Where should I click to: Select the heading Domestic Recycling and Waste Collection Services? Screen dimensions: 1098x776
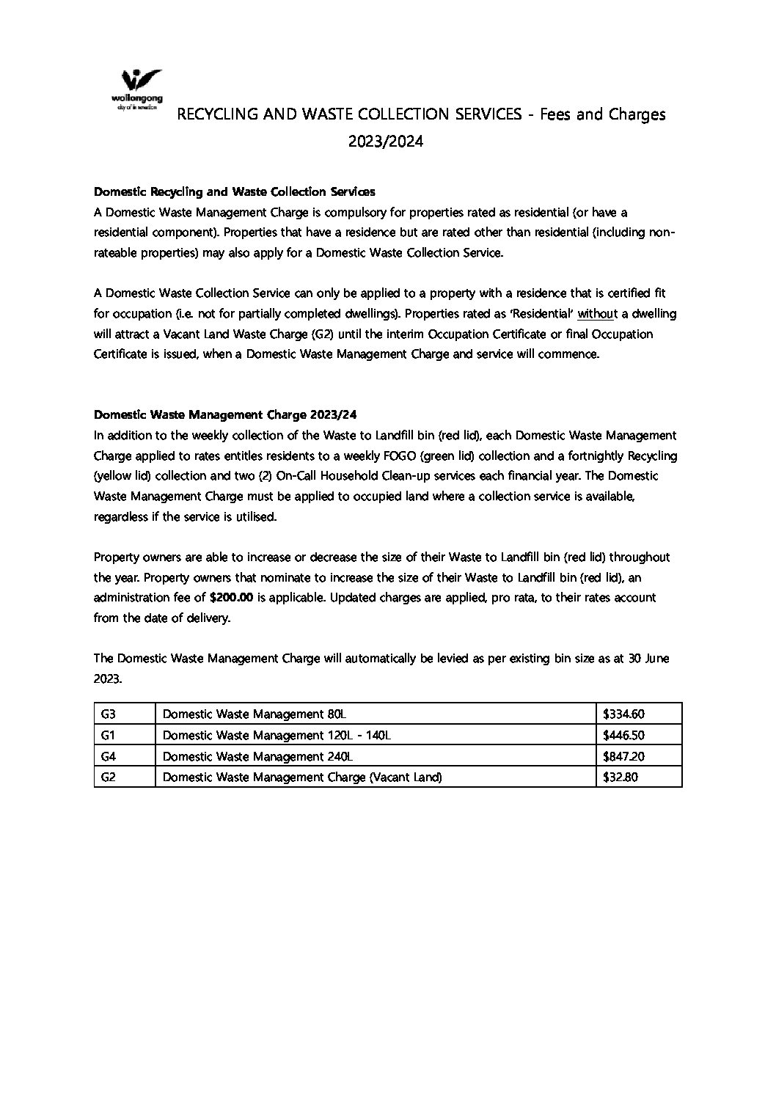point(235,191)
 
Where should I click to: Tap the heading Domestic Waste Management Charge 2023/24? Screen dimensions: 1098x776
point(226,414)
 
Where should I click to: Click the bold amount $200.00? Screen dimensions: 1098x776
point(231,597)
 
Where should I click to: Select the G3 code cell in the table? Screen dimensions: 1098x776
point(109,713)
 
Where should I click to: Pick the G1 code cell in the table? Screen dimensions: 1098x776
point(108,734)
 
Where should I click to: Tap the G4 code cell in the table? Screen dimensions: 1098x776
point(109,755)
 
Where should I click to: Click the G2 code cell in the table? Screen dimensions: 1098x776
point(109,777)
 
